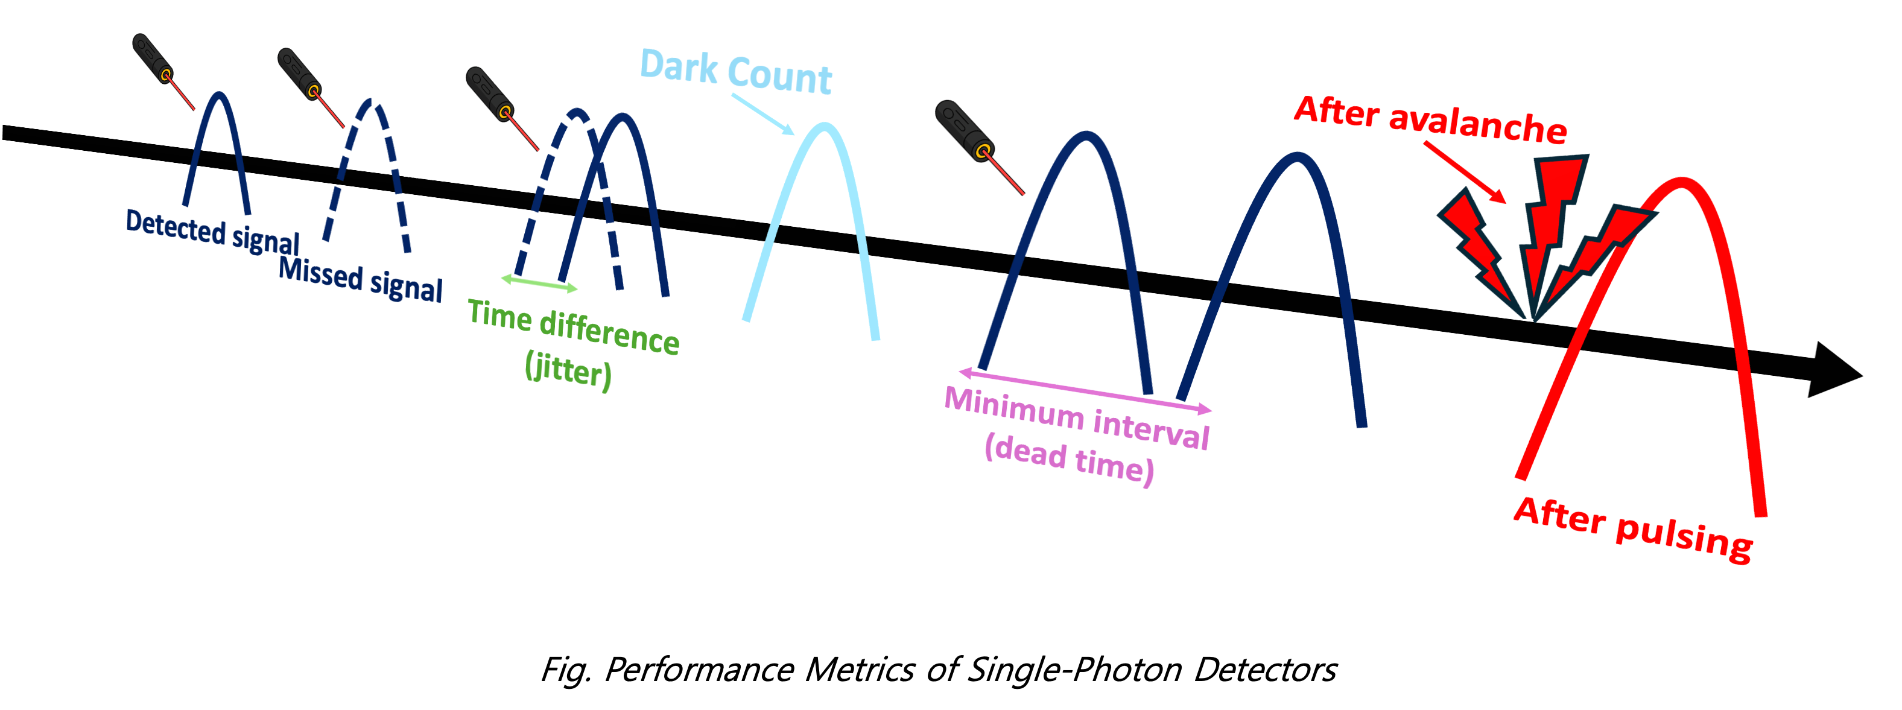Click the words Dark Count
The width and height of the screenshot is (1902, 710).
pos(735,72)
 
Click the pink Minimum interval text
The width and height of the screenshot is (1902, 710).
pos(1077,419)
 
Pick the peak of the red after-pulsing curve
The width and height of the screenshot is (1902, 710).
pos(1681,182)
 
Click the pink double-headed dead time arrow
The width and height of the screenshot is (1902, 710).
pos(1085,390)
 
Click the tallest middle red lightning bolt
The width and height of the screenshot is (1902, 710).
pos(1550,221)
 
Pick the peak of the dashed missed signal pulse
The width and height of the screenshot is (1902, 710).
pos(373,103)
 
